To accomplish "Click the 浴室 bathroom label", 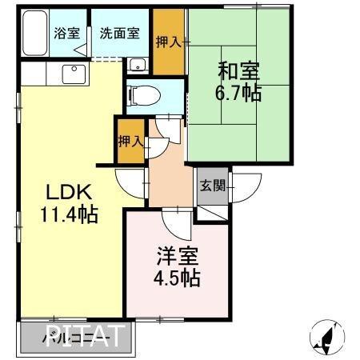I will (66, 34).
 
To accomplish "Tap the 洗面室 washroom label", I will (118, 34).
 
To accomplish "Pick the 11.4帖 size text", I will (69, 214).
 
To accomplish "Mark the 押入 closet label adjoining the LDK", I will (130, 142).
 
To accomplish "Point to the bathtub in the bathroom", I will (33, 37).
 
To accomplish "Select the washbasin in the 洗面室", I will (138, 66).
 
